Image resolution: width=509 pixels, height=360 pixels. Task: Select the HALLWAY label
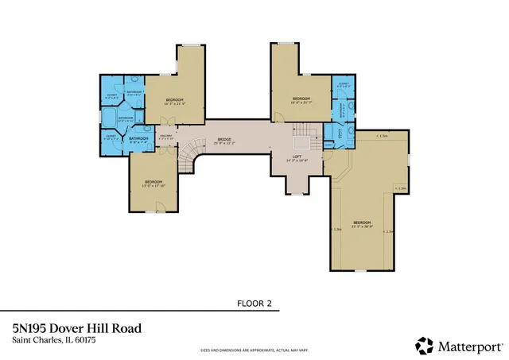(167, 136)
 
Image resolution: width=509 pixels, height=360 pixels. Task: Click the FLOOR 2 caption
(254, 303)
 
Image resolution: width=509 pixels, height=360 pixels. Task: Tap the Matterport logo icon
(424, 346)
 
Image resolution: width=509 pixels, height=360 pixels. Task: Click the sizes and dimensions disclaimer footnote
(254, 350)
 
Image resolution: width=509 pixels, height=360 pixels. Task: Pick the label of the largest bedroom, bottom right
(361, 223)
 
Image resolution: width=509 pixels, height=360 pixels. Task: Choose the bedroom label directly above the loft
(301, 100)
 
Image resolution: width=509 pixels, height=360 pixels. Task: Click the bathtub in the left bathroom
(107, 119)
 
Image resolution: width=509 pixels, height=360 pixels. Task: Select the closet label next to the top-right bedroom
(344, 85)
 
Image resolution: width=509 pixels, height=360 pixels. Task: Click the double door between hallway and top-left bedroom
(164, 121)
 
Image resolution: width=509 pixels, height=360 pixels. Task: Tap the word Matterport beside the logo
(468, 346)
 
